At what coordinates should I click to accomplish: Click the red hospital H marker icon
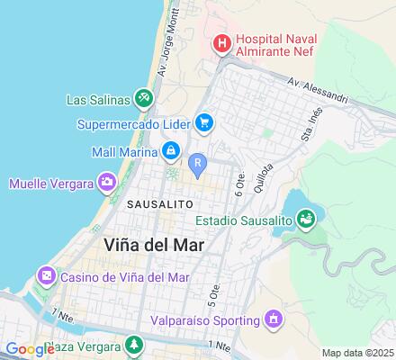point(220,42)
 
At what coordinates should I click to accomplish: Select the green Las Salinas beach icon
point(143,97)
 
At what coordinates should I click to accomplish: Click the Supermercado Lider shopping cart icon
point(204,123)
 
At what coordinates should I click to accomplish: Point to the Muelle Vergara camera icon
point(107,184)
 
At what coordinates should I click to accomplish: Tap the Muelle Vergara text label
point(50,184)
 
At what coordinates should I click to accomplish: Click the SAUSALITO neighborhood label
point(158,204)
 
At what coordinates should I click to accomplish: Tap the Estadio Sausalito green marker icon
point(307,216)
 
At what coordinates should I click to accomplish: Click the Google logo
point(29,349)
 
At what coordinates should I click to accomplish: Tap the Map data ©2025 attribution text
point(358,352)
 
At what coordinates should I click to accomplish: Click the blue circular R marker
point(197,162)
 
